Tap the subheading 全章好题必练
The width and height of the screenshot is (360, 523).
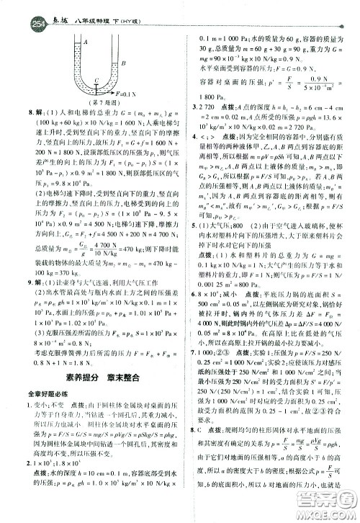[x=48, y=393]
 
